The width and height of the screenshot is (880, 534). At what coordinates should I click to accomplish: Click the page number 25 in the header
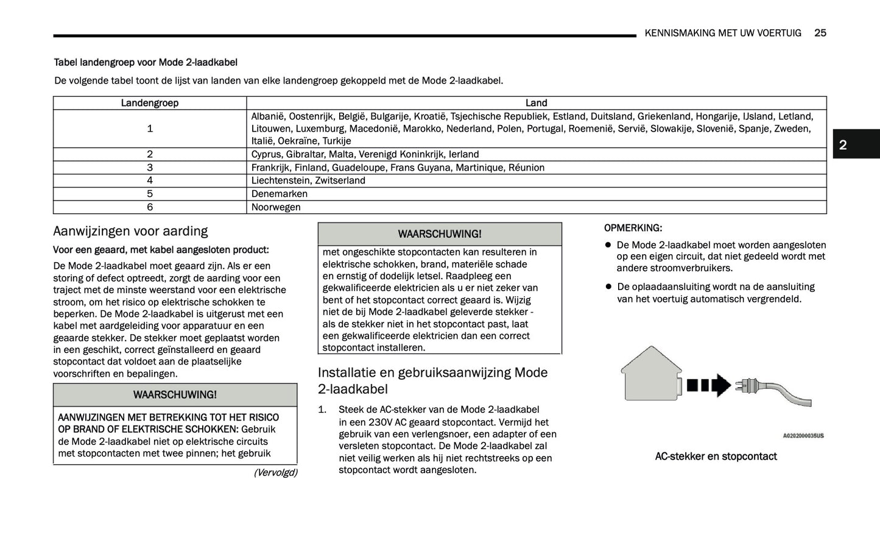(x=820, y=33)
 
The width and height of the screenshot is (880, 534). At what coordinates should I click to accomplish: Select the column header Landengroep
(x=149, y=103)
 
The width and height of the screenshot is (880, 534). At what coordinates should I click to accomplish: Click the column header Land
(x=536, y=103)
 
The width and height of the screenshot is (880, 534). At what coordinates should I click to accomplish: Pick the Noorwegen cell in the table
(x=276, y=207)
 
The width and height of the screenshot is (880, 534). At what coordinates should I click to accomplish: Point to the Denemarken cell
(x=280, y=194)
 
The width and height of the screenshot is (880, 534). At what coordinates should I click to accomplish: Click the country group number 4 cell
(x=149, y=180)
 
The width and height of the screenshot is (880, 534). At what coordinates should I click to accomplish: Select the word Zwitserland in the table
(x=340, y=180)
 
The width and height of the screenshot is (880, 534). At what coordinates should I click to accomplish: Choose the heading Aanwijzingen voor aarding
(x=130, y=231)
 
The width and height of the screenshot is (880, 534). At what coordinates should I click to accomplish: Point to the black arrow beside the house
(x=709, y=385)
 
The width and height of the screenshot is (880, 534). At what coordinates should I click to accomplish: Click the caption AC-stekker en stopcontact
(x=716, y=457)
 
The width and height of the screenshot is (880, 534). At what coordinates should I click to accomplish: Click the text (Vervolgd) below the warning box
(x=275, y=472)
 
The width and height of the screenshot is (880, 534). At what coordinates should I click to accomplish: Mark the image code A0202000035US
(x=803, y=436)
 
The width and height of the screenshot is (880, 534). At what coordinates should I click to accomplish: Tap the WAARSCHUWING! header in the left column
(x=175, y=395)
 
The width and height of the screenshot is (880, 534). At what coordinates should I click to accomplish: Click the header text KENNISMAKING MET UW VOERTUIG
(x=723, y=33)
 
